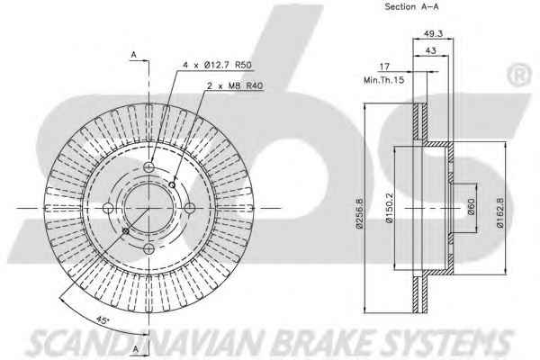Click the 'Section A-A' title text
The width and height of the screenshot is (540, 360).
(x=411, y=6)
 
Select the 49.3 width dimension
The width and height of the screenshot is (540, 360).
(x=433, y=34)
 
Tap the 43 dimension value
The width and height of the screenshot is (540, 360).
(x=431, y=50)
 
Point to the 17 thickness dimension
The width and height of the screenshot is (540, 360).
(x=384, y=66)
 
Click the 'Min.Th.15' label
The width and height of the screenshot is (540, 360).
(x=383, y=80)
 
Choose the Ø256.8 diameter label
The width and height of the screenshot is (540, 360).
(x=360, y=213)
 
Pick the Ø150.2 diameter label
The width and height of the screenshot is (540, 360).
(x=390, y=208)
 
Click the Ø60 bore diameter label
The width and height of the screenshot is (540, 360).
(x=471, y=206)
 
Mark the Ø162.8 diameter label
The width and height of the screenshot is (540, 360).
(x=500, y=212)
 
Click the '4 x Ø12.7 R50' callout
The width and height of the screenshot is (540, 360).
(x=217, y=65)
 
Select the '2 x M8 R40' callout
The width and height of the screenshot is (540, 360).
(x=235, y=85)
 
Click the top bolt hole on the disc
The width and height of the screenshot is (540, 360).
(x=148, y=167)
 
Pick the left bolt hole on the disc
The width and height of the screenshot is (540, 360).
(x=108, y=208)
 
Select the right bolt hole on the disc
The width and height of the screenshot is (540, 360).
(x=190, y=208)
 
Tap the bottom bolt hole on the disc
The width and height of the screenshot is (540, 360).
(x=148, y=248)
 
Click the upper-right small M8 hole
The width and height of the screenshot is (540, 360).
(x=172, y=185)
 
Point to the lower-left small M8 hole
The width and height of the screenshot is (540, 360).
(x=126, y=230)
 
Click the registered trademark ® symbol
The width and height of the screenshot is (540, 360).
(x=519, y=76)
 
